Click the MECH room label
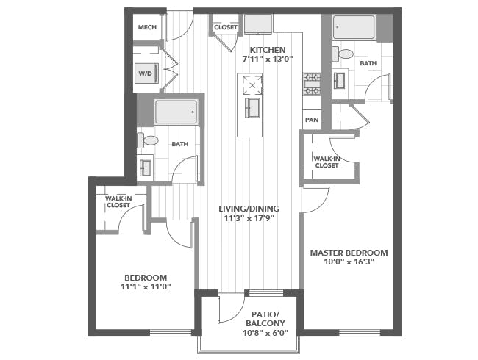pyautogui.click(x=147, y=27)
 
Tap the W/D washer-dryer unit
pyautogui.click(x=146, y=73)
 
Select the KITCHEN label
pyautogui.click(x=268, y=50)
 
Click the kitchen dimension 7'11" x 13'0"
pyautogui.click(x=268, y=59)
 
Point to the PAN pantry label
pyautogui.click(x=312, y=120)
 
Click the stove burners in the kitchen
pyautogui.click(x=312, y=84)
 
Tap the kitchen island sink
pyautogui.click(x=252, y=107)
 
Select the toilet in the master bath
pyautogui.click(x=343, y=54)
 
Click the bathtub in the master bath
pyautogui.click(x=354, y=27)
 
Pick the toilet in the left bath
pyautogui.click(x=148, y=140)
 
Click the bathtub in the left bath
pyautogui.click(x=176, y=112)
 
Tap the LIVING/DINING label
pyautogui.click(x=249, y=209)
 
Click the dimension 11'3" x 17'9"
pyautogui.click(x=249, y=218)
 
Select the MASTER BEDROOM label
pyautogui.click(x=349, y=253)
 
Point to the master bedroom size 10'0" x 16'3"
pyautogui.click(x=349, y=262)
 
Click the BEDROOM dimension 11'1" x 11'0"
pyautogui.click(x=146, y=287)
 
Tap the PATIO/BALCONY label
pyautogui.click(x=265, y=319)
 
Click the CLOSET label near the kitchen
pyautogui.click(x=226, y=27)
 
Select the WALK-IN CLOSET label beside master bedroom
pyautogui.click(x=327, y=162)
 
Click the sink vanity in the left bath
pyautogui.click(x=146, y=166)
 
